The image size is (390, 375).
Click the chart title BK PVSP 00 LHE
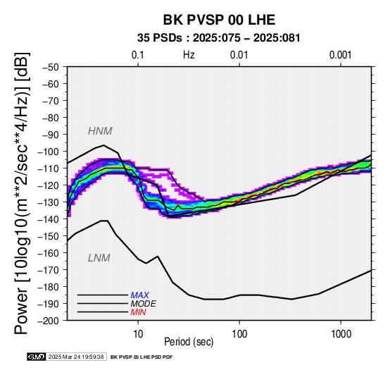pos(219,20)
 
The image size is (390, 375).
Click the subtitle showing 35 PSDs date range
pos(219,38)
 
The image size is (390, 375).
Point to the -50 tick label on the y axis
pos(51,67)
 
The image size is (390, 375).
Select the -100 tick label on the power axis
pos(49,152)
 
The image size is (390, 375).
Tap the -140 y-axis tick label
pos(49,219)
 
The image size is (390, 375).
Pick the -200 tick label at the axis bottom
pos(49,321)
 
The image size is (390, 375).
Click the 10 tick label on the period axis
pos(138,334)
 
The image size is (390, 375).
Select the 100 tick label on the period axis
pos(239,334)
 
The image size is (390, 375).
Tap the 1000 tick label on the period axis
pos(341,334)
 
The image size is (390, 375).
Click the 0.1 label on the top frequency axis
pos(138,55)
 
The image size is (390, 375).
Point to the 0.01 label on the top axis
pos(239,55)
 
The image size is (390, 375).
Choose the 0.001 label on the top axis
pos(340,55)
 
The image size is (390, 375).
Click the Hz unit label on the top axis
pos(189,55)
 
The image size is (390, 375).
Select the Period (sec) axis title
pos(189,342)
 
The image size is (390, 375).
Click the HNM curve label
pos(100,131)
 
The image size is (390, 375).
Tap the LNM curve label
pos(99,258)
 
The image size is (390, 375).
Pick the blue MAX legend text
pos(140,295)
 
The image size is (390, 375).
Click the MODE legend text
pos(144,304)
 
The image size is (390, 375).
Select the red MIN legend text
pos(138,312)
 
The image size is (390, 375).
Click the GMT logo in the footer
pos(37,357)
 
